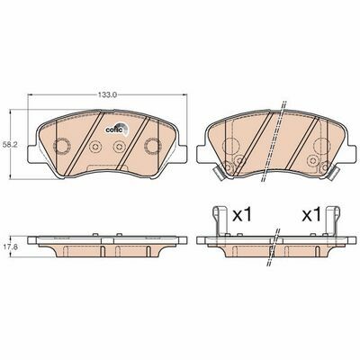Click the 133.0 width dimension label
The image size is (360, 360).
pyautogui.click(x=107, y=95)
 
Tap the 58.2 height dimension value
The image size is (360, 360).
pyautogui.click(x=5, y=144)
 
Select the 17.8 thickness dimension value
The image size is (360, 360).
pyautogui.click(x=5, y=247)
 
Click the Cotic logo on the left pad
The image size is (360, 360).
pyautogui.click(x=117, y=129)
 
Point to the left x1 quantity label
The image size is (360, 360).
pyautogui.click(x=242, y=215)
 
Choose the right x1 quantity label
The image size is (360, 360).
pyautogui.click(x=311, y=215)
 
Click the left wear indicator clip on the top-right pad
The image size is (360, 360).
pyautogui.click(x=218, y=173)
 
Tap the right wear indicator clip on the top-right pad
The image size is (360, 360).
pyautogui.click(x=333, y=173)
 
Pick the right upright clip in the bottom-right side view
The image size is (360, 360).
pyautogui.click(x=332, y=220)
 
